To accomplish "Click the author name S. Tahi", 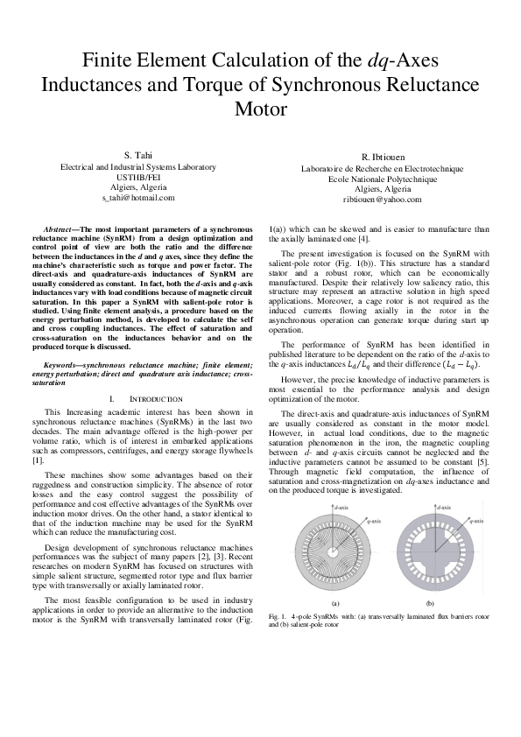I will point(137,155).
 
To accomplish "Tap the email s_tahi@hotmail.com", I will point(137,198).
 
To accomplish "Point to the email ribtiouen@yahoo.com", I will point(382,200).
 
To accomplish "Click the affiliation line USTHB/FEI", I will point(137,177).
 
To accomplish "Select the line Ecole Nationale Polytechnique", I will point(382,179).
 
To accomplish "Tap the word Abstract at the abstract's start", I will point(66,228).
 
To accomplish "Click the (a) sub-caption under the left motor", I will point(335,604).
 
